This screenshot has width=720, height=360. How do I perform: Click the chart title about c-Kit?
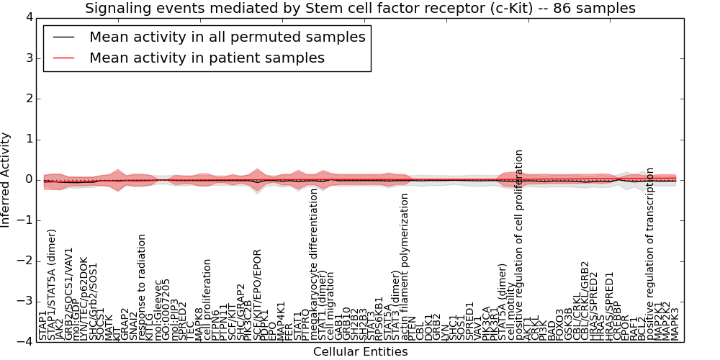coord(360,9)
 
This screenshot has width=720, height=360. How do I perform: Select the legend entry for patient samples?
coord(207,58)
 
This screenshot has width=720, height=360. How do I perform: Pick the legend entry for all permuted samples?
coord(227,37)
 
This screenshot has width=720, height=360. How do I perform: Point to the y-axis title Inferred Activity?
coord(6,179)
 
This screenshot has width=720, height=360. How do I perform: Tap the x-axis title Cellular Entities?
coord(360,351)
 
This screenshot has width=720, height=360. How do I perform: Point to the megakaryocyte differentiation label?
coord(314,264)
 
